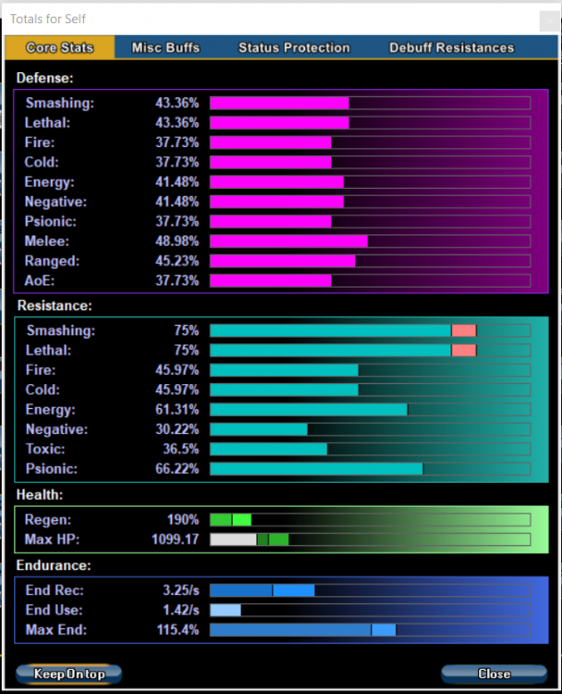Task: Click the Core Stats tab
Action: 59,47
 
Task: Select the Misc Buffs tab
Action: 165,47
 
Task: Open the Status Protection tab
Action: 294,47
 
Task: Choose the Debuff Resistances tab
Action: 451,47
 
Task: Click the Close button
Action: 495,674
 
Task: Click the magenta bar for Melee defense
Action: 288,242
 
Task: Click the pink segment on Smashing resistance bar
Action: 464,330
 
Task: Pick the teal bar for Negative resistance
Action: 259,429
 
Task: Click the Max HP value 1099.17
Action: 175,539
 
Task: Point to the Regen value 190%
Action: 183,520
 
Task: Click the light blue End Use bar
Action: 226,611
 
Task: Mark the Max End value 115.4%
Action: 177,630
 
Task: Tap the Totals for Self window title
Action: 48,19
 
